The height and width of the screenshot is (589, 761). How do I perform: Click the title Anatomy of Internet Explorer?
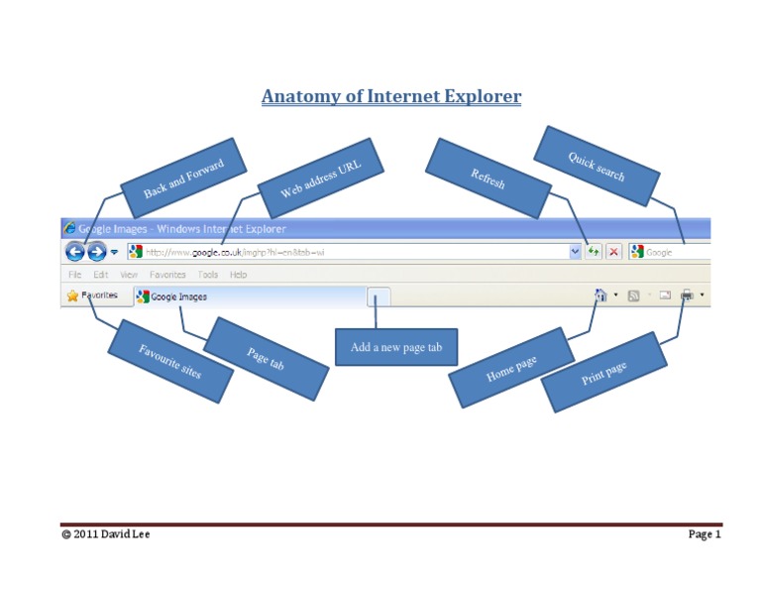click(x=390, y=97)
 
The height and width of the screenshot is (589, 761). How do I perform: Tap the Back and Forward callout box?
click(x=183, y=177)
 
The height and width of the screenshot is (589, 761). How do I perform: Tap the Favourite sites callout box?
click(x=170, y=361)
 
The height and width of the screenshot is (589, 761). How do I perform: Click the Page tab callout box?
click(x=266, y=358)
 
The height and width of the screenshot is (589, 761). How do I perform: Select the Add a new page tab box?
click(x=396, y=347)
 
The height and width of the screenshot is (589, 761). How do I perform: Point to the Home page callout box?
click(x=511, y=368)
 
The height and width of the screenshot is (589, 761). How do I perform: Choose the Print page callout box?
click(x=603, y=373)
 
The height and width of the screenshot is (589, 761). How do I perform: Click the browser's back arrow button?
click(x=76, y=252)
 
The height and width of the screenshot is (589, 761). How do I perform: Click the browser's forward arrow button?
click(x=96, y=252)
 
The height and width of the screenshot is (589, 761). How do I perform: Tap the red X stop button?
click(x=614, y=252)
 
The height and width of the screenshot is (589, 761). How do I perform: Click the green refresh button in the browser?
click(x=593, y=252)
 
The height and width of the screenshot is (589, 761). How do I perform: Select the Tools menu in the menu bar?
click(x=207, y=275)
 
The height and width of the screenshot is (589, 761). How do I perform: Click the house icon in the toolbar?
click(x=599, y=295)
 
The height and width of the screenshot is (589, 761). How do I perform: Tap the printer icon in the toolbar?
click(x=687, y=295)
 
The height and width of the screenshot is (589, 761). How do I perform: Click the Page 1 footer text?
click(x=705, y=535)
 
